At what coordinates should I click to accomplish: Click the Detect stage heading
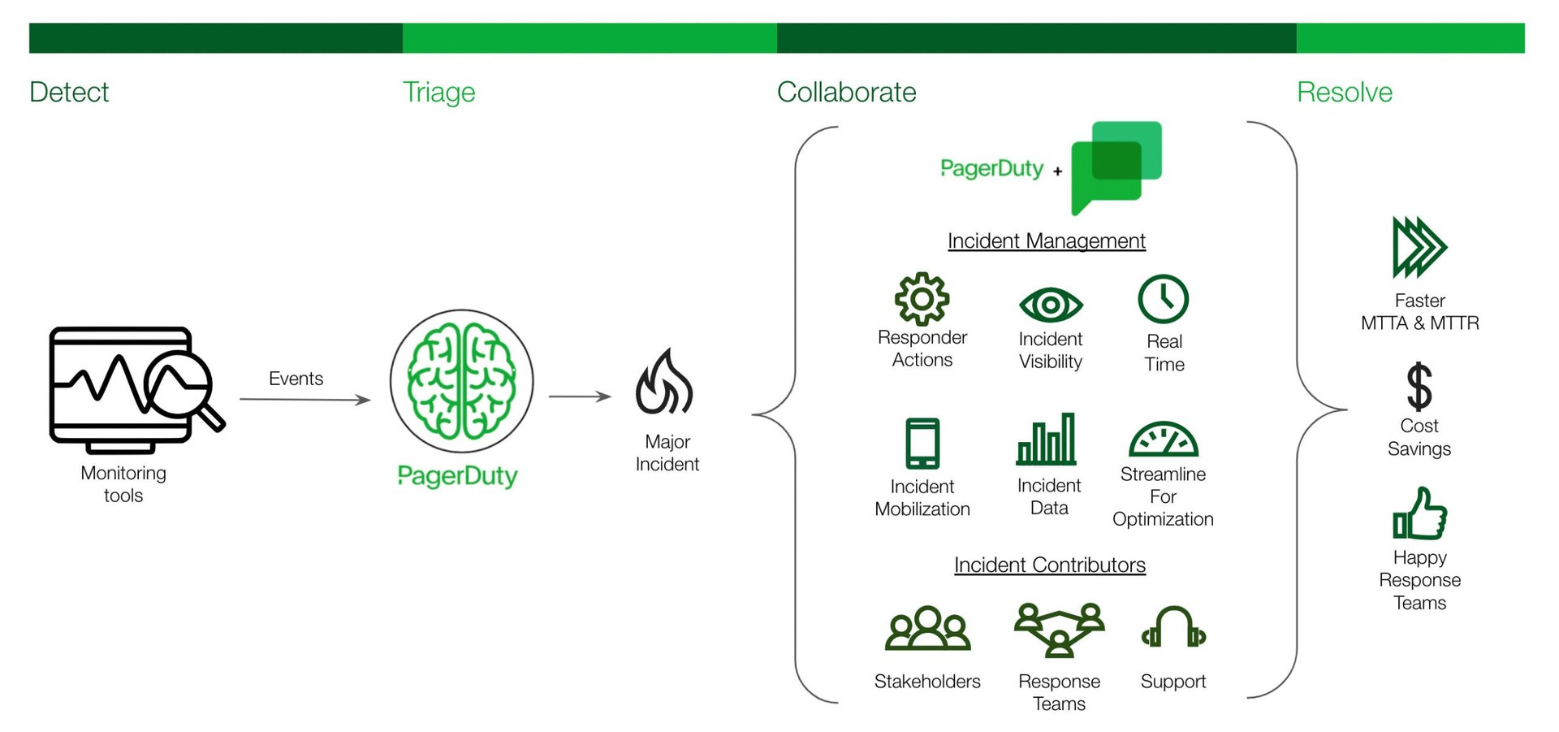[69, 93]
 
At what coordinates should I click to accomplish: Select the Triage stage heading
[438, 93]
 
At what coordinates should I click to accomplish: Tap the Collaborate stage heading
[846, 93]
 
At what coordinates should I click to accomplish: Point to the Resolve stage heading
[1344, 93]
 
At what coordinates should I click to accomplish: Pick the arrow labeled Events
[304, 399]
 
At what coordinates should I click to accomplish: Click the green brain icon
[461, 381]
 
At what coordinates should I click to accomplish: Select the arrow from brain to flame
[579, 396]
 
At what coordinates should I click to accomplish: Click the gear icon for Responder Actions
[922, 299]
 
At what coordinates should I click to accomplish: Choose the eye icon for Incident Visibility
[1050, 305]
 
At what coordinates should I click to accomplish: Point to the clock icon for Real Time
[1163, 299]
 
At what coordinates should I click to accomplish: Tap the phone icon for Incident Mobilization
[922, 443]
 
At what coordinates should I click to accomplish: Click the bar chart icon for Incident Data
[1047, 440]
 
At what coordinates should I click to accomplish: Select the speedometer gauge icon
[1163, 440]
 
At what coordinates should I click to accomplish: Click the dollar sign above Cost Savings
[1419, 387]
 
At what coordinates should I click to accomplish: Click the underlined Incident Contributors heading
[1049, 565]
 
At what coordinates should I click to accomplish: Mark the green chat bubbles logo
[1116, 166]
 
